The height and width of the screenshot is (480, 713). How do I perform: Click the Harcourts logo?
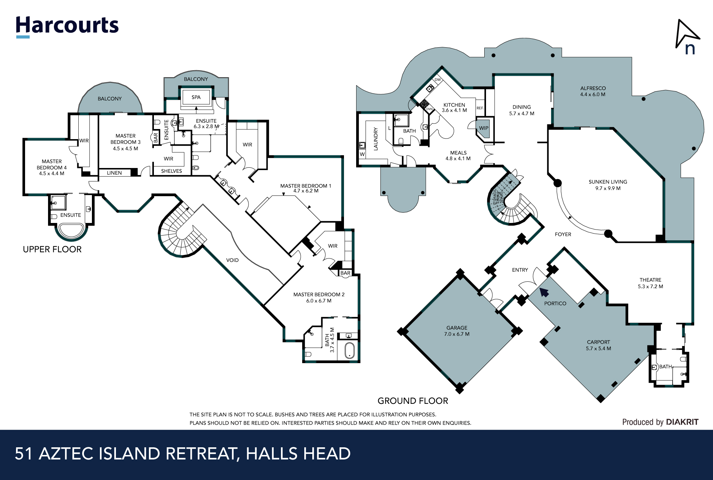coord(67,26)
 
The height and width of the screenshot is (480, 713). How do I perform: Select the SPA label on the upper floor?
coord(196,97)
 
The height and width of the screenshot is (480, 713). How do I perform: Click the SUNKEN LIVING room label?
coord(608,185)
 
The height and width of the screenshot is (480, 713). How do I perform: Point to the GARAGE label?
coord(457,331)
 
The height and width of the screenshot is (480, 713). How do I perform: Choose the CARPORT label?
coord(598,345)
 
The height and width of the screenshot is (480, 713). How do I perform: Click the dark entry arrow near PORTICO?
coord(544,292)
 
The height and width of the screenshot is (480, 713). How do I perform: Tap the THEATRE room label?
coord(650,283)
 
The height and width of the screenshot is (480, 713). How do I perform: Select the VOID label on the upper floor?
coord(232,260)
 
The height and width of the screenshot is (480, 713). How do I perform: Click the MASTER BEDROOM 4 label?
coord(52,167)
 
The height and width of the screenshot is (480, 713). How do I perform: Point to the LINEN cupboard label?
coord(114,173)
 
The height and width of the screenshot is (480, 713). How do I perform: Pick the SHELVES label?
coord(171,171)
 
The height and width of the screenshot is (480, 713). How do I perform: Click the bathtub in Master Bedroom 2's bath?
coord(350,351)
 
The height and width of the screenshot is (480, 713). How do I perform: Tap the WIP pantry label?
coord(484,128)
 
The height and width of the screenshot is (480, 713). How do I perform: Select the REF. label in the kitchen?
coord(480,108)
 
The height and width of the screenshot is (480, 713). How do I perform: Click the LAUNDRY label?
coord(375,139)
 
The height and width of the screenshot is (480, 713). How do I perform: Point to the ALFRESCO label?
coord(593,91)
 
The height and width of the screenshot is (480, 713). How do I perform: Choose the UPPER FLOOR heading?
coord(52,249)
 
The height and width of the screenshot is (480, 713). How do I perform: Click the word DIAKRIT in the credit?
coord(682,422)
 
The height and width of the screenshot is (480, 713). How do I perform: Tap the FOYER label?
coord(563,234)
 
